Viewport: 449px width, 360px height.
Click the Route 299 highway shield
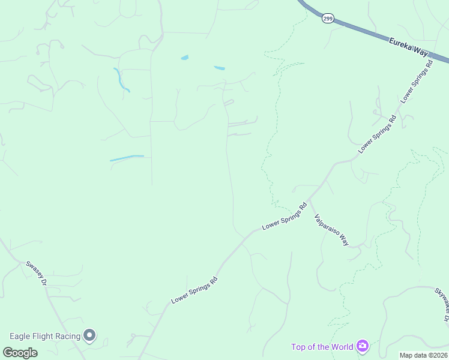pyautogui.click(x=327, y=19)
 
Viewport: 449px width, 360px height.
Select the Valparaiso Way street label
pyautogui.click(x=331, y=230)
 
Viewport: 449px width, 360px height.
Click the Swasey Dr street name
pyautogui.click(x=36, y=273)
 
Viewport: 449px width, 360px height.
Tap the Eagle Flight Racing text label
pyautogui.click(x=45, y=336)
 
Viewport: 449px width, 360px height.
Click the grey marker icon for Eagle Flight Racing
pyautogui.click(x=90, y=335)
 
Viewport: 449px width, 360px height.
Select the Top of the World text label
pyautogui.click(x=322, y=346)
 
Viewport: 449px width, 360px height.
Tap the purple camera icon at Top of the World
pyautogui.click(x=362, y=346)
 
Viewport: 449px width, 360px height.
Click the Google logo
pyautogui.click(x=20, y=352)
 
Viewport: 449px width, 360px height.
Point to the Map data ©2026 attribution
pyautogui.click(x=423, y=355)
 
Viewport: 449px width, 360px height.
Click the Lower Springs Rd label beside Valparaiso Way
pyautogui.click(x=285, y=217)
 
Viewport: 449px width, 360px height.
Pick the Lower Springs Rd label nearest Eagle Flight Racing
pyautogui.click(x=194, y=289)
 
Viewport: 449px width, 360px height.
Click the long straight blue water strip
pyautogui.click(x=127, y=158)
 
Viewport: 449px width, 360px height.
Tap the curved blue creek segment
pyautogui.click(x=121, y=80)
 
